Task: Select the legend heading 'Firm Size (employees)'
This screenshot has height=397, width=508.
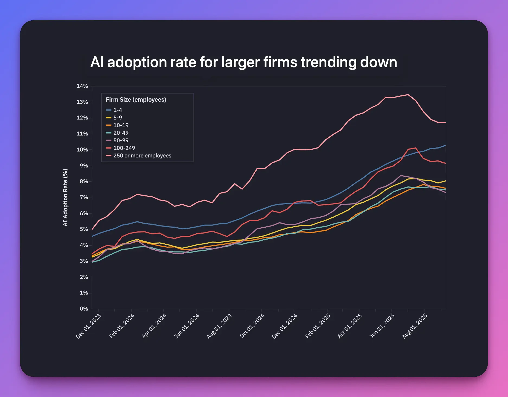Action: (x=136, y=100)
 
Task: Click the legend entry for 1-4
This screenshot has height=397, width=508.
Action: (x=117, y=110)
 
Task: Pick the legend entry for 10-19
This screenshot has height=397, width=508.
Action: (x=121, y=125)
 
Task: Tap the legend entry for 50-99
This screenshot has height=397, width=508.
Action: (x=121, y=140)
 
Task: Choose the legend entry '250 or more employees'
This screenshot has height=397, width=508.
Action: (x=142, y=156)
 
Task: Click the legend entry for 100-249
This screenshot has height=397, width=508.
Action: (x=124, y=148)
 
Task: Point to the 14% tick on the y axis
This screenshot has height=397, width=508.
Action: (x=82, y=86)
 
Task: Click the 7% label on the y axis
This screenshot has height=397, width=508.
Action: (x=83, y=198)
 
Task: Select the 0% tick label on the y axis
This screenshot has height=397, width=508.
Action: (x=83, y=309)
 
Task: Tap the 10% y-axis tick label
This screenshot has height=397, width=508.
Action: (x=82, y=150)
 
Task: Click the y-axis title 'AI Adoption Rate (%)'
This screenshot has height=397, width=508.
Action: (x=65, y=197)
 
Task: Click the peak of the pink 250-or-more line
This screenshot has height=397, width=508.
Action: (x=408, y=95)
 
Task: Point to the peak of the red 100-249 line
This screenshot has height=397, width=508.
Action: (x=416, y=148)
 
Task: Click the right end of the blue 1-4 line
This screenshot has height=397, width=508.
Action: (x=445, y=146)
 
